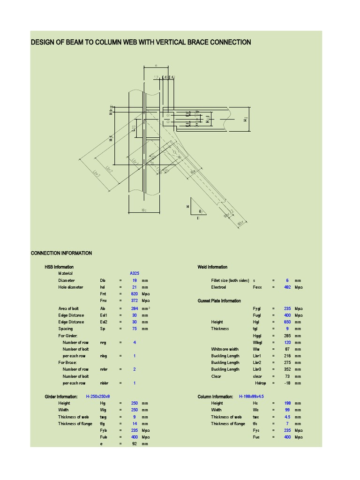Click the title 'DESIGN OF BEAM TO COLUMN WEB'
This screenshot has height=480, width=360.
(x=141, y=42)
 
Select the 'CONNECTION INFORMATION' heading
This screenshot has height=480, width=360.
(x=61, y=253)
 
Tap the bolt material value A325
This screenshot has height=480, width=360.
(x=134, y=273)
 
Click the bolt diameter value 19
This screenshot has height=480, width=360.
(x=134, y=280)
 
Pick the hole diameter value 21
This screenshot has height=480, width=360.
(x=134, y=287)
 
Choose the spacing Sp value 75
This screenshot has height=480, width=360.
(x=134, y=329)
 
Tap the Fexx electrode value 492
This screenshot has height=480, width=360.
(x=287, y=287)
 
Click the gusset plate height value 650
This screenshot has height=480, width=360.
(x=287, y=322)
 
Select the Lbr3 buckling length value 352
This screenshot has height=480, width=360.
(x=287, y=369)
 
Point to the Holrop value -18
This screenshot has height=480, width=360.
(x=287, y=383)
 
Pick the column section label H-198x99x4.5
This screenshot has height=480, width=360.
(x=251, y=397)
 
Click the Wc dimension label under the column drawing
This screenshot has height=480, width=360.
(x=144, y=210)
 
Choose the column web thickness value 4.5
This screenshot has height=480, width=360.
(x=287, y=417)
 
